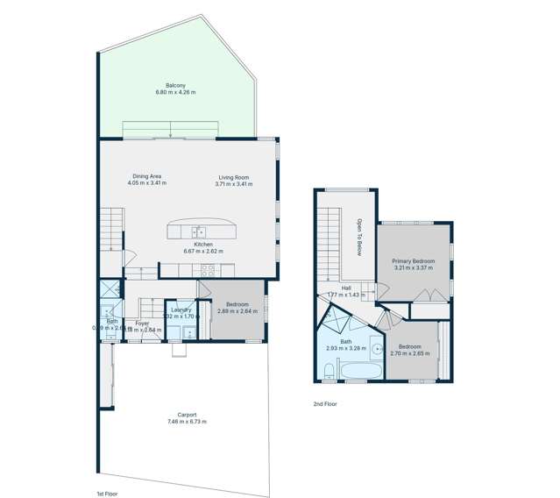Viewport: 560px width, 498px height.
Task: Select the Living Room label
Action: coord(235,177)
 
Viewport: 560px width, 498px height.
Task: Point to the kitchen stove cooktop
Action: coord(209,270)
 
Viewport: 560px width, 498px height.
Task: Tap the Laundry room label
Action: coord(181,309)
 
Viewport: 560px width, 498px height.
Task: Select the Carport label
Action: coord(187,415)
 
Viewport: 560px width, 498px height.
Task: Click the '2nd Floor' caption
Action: coord(324,404)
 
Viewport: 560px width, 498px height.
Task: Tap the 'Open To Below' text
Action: coord(358,237)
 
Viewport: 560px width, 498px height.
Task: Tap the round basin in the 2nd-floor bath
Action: coord(377,349)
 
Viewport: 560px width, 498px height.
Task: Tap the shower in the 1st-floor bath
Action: coord(110,289)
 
